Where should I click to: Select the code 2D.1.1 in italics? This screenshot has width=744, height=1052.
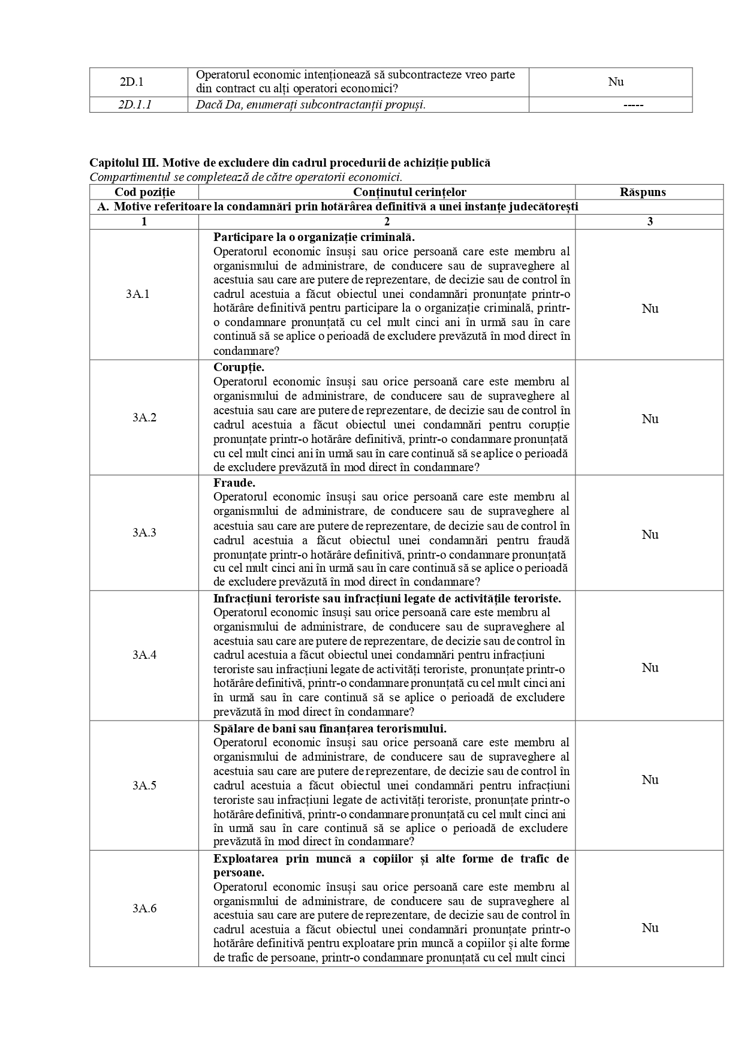[135, 105]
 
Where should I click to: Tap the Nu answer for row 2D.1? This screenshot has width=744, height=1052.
[616, 82]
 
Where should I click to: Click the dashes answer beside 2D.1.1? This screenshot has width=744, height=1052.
[633, 105]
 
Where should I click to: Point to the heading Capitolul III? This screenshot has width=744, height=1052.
[290, 162]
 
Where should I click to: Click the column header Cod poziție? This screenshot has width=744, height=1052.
[144, 192]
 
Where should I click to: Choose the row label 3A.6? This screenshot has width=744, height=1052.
[144, 909]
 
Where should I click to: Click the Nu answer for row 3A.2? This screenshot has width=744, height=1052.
[650, 419]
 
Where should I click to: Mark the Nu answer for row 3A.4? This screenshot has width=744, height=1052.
[650, 668]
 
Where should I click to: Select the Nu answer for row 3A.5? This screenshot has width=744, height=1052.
[650, 780]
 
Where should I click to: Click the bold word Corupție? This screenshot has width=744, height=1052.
[239, 367]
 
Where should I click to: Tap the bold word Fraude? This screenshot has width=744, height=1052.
[234, 483]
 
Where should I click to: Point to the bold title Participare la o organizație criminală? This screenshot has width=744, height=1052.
[314, 237]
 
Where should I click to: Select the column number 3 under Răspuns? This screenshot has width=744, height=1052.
[650, 222]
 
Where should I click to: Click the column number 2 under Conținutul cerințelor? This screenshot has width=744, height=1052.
[387, 222]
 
